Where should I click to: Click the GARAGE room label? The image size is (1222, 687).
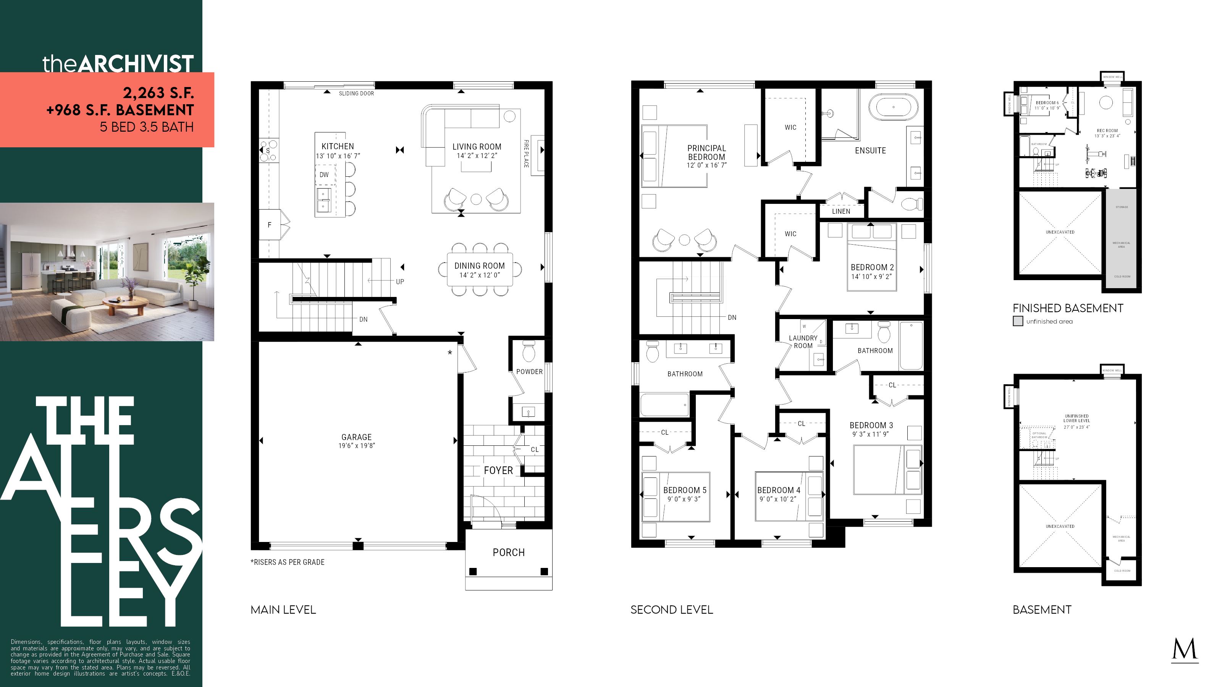(x=356, y=437)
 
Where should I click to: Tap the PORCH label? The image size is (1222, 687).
(x=509, y=552)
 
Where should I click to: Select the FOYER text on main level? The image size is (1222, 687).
(x=498, y=470)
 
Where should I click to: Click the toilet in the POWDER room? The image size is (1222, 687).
(x=529, y=352)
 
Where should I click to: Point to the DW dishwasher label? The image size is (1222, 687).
(x=324, y=174)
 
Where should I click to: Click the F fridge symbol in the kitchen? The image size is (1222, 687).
(x=270, y=225)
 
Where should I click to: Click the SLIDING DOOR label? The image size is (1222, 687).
(x=356, y=94)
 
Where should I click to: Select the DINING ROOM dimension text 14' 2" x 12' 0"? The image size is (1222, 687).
(x=479, y=275)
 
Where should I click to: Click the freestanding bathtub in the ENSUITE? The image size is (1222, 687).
(x=893, y=107)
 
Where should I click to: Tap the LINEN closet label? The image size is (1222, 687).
(x=841, y=211)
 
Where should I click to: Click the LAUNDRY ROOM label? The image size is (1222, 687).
(x=803, y=341)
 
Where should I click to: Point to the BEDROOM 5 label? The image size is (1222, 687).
(x=685, y=490)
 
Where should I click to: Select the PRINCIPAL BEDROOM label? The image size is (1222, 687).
(x=706, y=152)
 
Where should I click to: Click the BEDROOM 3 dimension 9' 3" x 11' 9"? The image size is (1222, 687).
(x=871, y=434)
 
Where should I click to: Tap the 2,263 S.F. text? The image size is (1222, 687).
(x=158, y=92)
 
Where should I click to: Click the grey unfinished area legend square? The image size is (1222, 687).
(x=1018, y=321)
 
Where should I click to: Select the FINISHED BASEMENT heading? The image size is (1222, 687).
(x=1068, y=308)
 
